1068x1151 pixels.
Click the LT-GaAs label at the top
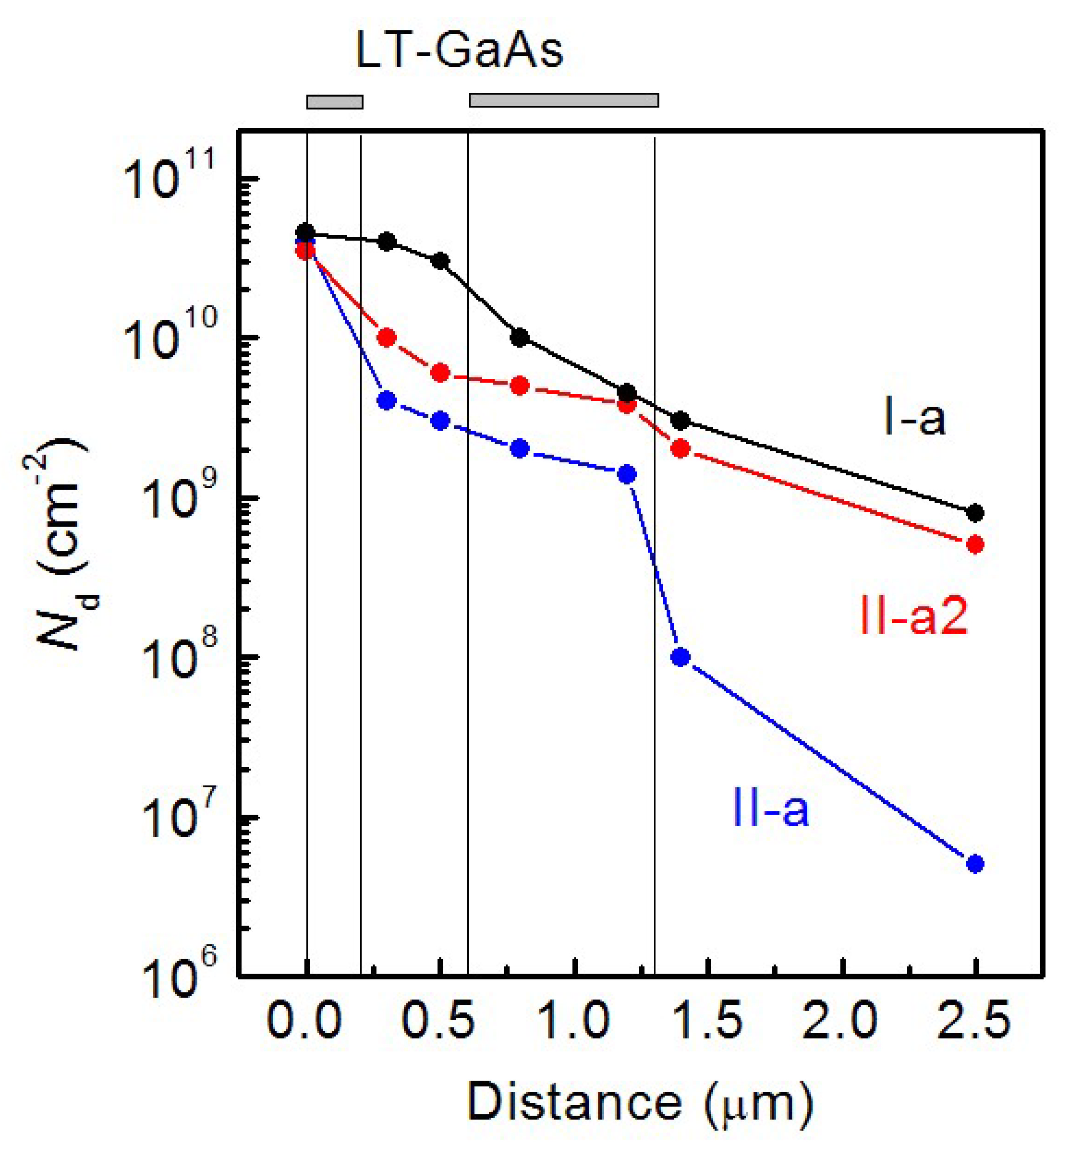(x=459, y=52)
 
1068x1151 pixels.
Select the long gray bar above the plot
(x=564, y=100)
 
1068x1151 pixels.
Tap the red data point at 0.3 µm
(x=387, y=338)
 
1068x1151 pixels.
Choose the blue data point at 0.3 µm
(x=387, y=400)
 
